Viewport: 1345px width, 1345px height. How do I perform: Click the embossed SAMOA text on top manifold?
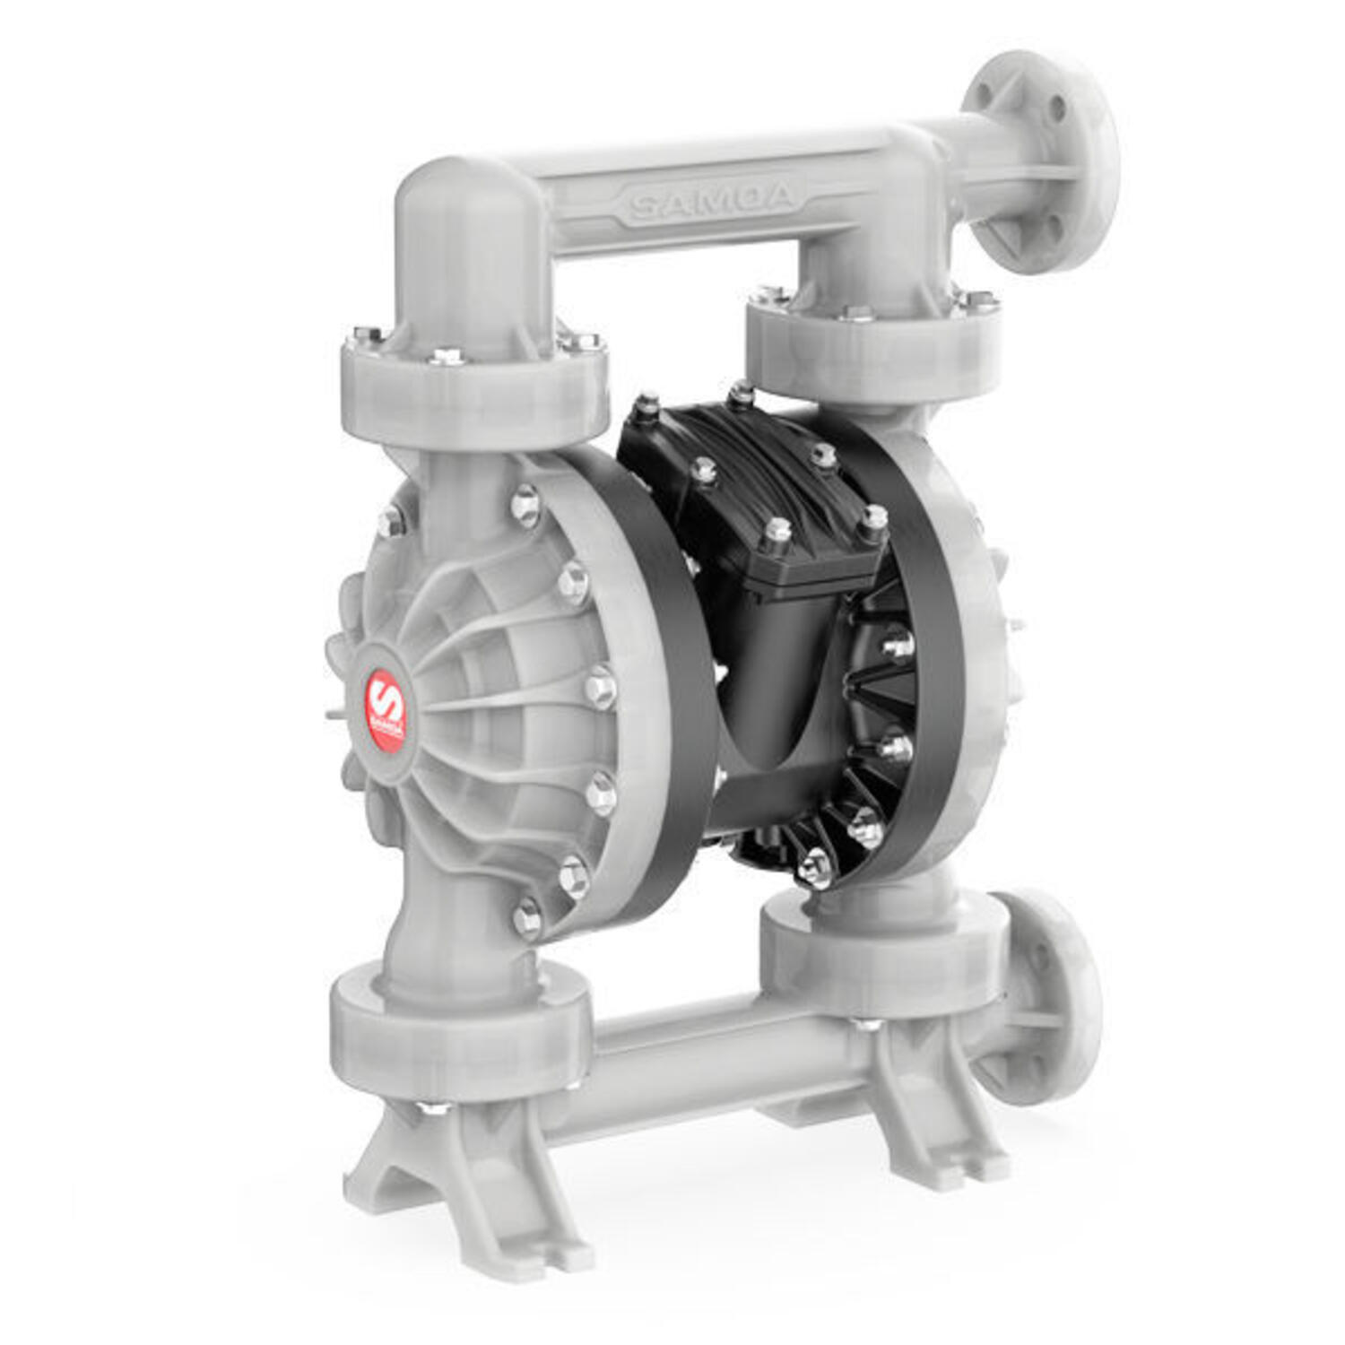(x=713, y=199)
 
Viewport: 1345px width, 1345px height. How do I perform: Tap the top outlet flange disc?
(x=1045, y=161)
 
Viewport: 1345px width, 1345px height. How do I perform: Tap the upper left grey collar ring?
(x=471, y=390)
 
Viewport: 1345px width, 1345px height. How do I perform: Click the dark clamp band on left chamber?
(x=659, y=681)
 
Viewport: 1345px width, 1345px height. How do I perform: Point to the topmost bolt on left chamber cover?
(x=525, y=504)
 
